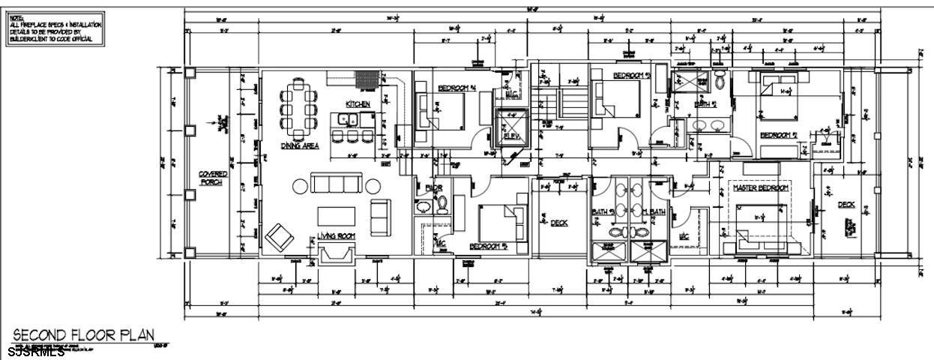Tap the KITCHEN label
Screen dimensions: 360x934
tap(357, 104)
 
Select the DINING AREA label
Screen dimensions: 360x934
tap(299, 146)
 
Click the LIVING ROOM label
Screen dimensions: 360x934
tap(335, 236)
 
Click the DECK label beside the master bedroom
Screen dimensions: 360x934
tap(846, 205)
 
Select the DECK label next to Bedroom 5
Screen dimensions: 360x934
tap(559, 223)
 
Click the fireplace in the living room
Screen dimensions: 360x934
tap(335, 255)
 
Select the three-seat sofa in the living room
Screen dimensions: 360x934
tap(335, 184)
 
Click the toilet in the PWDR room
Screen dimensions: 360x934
tap(442, 202)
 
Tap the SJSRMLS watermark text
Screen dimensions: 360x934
tap(37, 351)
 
